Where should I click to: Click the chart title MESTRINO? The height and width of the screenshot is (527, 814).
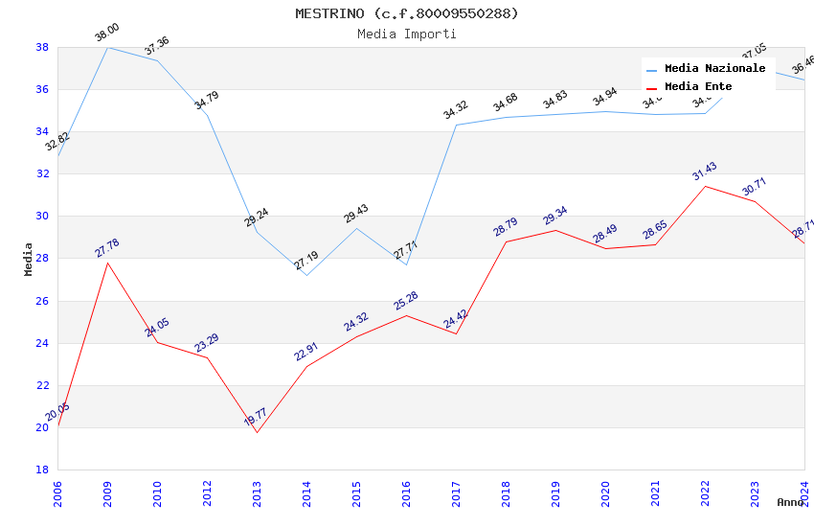(406, 13)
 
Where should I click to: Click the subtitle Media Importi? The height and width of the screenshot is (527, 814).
(406, 34)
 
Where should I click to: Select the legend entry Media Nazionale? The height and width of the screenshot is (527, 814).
(714, 69)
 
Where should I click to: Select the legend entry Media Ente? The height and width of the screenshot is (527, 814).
(698, 86)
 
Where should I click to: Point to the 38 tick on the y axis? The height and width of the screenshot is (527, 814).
(42, 47)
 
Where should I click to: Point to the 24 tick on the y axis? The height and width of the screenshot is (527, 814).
(42, 343)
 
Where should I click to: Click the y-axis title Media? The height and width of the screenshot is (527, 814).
(29, 259)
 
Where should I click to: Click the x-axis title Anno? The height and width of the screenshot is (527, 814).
(790, 502)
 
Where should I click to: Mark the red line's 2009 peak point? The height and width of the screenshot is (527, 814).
(107, 263)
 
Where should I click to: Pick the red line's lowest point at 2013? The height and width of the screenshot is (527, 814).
(257, 432)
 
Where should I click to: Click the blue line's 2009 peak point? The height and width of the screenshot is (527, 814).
(107, 47)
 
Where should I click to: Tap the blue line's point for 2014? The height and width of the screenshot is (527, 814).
(306, 275)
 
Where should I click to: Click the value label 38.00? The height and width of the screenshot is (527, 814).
(106, 34)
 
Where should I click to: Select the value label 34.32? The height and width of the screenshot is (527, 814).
(455, 111)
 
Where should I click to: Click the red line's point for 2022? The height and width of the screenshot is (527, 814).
(705, 186)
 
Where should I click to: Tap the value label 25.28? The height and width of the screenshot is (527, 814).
(406, 301)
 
